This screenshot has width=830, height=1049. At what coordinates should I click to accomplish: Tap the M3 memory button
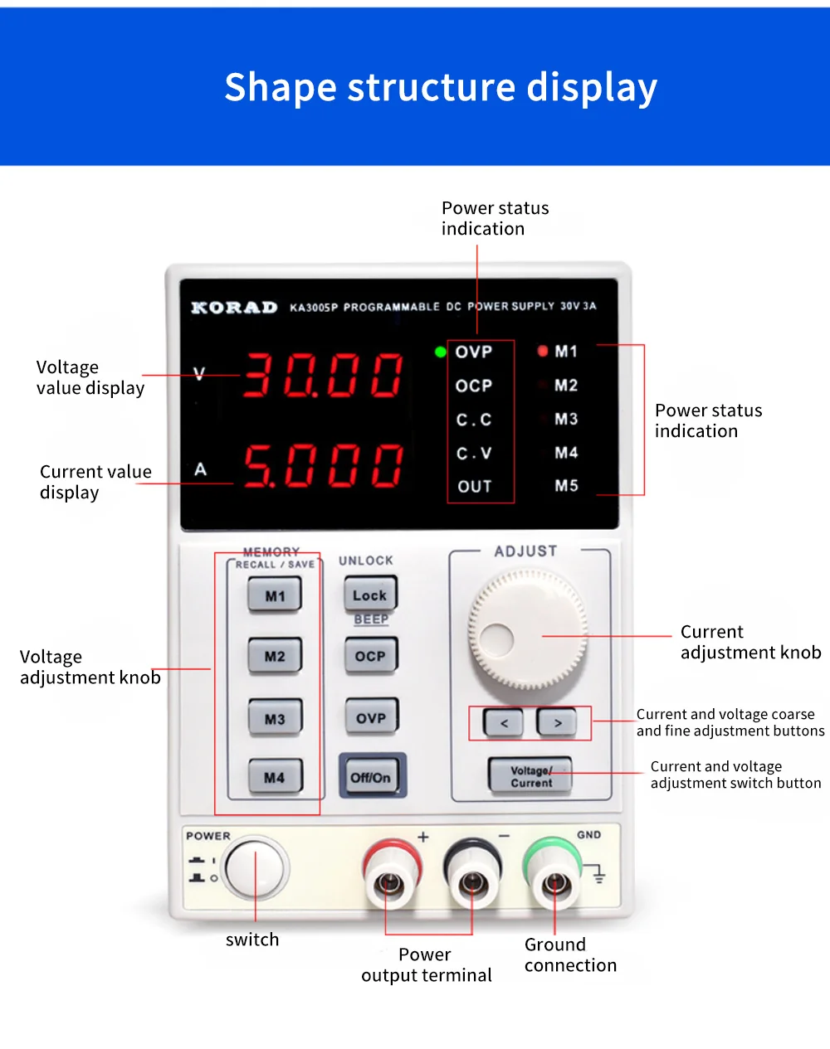coord(275,718)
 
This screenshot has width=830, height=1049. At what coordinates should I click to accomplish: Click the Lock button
coord(370,595)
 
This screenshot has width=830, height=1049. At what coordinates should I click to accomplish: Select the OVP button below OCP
coord(371,717)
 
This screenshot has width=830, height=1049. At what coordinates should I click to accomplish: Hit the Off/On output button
coord(371,777)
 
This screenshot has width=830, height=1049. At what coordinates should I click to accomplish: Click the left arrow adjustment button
coord(504,723)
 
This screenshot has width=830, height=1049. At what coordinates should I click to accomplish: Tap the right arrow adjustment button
coord(558,723)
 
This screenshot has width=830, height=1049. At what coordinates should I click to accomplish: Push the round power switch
coord(256,868)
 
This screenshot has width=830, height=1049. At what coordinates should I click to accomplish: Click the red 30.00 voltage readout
coord(324,375)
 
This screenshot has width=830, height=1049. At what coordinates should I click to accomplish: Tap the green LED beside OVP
coord(441,352)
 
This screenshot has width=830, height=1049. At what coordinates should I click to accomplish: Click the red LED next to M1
coord(543,351)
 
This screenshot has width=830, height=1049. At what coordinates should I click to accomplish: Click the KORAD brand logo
coord(234,308)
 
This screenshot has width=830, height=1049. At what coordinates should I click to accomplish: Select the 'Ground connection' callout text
coord(570,954)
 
